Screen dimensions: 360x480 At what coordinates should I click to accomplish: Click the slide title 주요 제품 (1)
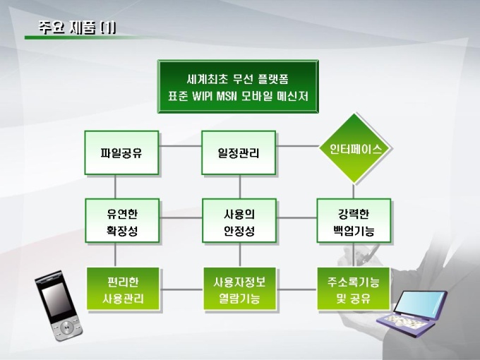(78, 28)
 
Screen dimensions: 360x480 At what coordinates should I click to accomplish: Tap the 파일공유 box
(122, 152)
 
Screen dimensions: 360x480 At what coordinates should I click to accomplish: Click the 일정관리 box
(239, 152)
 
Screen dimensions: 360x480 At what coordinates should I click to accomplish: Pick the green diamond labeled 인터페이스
(355, 149)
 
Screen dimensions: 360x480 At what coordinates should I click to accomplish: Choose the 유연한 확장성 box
(122, 221)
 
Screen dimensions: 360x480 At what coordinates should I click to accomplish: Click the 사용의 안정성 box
(239, 221)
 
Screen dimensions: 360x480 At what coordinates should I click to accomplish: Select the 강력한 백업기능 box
(354, 221)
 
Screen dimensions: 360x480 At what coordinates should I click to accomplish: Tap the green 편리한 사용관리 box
(122, 289)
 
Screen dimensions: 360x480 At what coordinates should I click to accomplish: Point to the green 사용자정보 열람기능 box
(239, 289)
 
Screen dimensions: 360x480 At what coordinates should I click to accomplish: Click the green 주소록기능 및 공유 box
(354, 289)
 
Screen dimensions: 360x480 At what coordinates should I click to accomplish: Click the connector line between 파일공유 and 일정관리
(180, 147)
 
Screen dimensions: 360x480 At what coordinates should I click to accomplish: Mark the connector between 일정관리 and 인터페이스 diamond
(296, 147)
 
